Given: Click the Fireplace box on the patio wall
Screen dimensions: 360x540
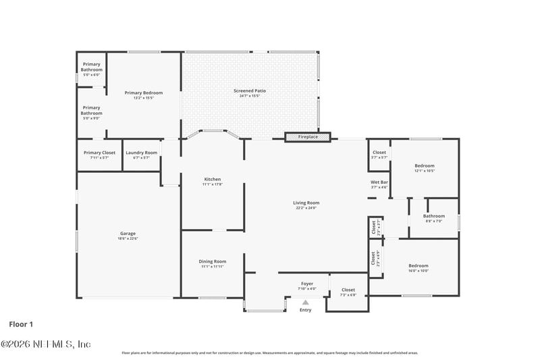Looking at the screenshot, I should point(308,137).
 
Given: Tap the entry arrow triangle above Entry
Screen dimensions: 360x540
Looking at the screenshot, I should point(306,303).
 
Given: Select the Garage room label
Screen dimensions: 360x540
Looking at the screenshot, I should point(128,234).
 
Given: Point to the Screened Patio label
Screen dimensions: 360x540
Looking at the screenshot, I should point(250,91).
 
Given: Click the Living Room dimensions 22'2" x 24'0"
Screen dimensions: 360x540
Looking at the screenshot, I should point(306,208).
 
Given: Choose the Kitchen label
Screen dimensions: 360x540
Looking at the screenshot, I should point(213,179).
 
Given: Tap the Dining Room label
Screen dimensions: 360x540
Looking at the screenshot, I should point(212,261).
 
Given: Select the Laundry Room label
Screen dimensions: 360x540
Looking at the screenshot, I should point(141,153).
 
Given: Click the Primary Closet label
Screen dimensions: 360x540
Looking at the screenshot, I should point(99,153).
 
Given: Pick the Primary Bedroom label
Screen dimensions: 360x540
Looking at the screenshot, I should point(143,93).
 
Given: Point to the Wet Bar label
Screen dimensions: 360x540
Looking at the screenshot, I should point(379,182).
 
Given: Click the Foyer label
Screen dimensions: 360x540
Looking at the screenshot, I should point(307,284).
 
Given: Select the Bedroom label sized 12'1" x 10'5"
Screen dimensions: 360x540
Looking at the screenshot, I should point(425,165).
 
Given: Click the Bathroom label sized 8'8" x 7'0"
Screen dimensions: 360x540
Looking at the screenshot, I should point(434,216).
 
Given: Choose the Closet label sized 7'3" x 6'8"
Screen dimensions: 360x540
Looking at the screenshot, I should point(348,290).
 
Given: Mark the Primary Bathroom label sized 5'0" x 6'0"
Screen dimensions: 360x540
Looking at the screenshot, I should point(91,67).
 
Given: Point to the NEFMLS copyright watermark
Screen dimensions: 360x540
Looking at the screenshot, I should point(45,344).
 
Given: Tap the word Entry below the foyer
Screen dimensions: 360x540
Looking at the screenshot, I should point(306,310).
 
